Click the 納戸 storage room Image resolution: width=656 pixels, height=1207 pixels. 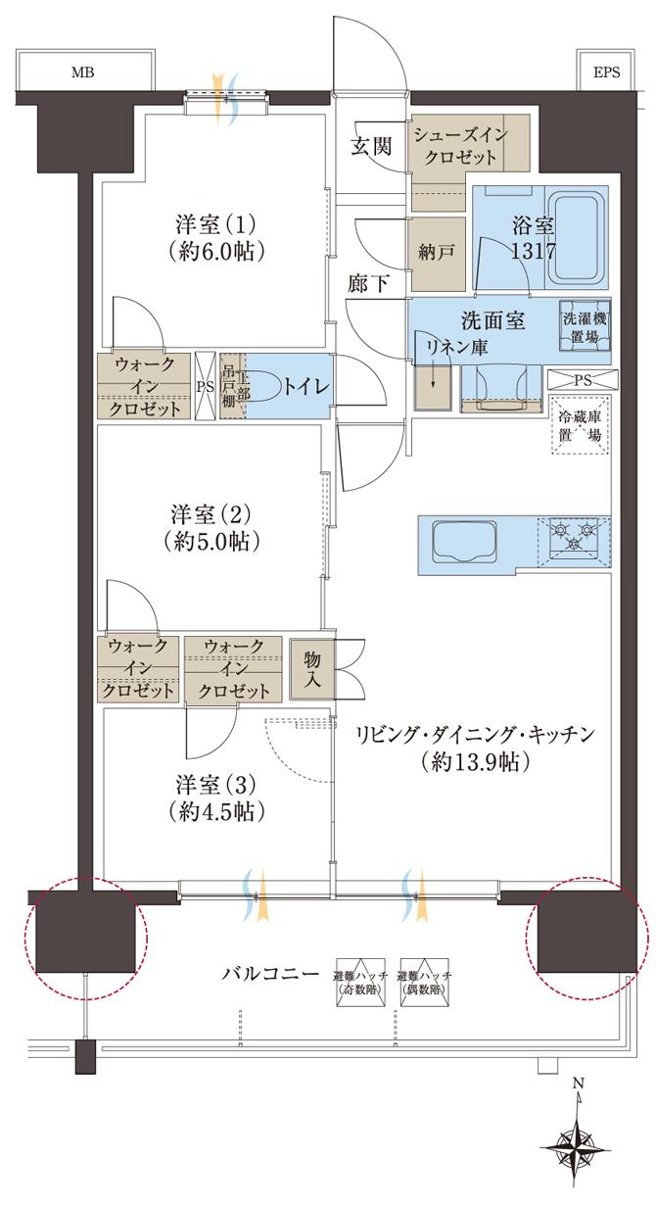tap(437, 252)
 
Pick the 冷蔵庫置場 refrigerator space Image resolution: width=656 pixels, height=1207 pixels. tap(581, 427)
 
